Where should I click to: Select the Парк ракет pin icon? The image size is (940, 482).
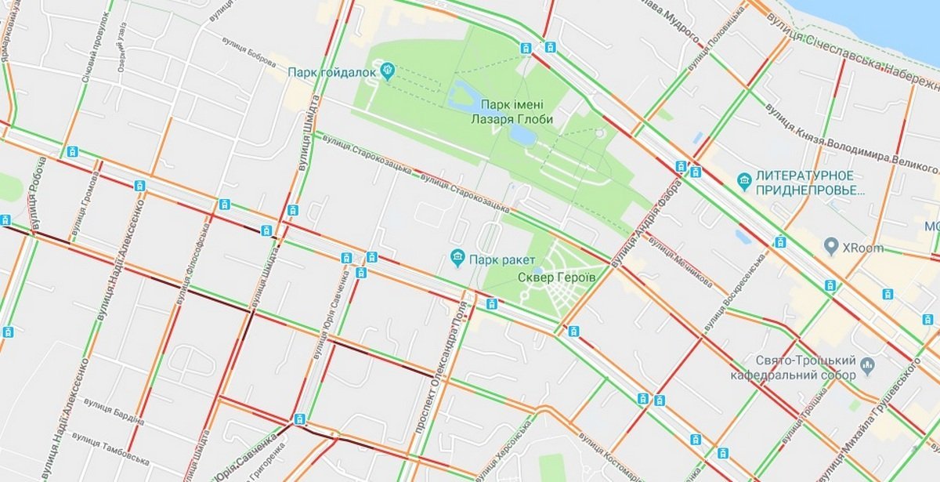(456, 257)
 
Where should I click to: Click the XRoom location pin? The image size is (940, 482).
(831, 248)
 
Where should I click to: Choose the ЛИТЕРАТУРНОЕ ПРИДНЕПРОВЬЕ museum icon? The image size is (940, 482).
(744, 182)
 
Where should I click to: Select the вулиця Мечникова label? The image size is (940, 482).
(681, 266)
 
